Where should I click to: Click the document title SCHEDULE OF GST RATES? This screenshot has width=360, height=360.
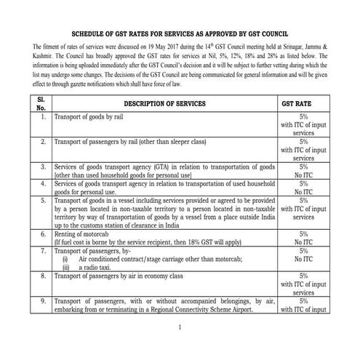(x=180, y=34)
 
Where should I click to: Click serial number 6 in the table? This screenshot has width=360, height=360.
(x=43, y=236)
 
